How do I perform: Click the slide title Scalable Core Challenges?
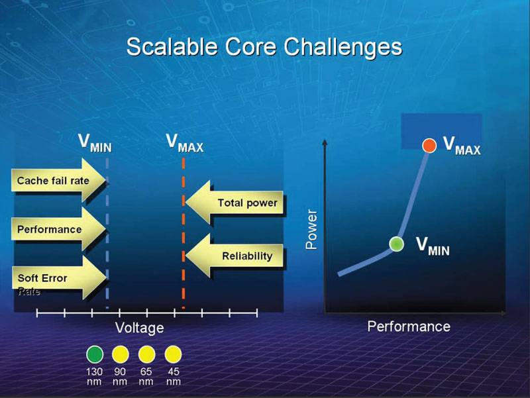click(264, 48)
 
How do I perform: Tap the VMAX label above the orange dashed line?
click(184, 144)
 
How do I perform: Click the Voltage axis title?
click(139, 328)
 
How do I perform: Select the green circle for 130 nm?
click(95, 353)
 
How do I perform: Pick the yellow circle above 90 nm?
click(120, 353)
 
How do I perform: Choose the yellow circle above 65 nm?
click(146, 353)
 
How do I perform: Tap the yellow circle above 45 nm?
click(173, 353)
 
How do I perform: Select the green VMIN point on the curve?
click(396, 244)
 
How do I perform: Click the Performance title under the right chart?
click(409, 326)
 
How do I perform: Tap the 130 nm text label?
click(95, 376)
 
